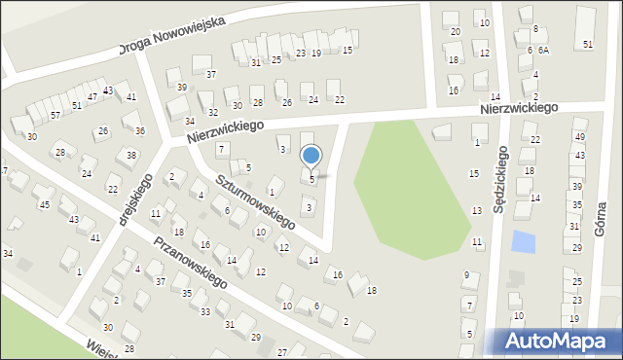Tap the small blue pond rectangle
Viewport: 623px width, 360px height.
[523, 240]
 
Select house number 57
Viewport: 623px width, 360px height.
[55, 115]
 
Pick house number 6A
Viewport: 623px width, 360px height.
[543, 50]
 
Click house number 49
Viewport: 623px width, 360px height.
[579, 137]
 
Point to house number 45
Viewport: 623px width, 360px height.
[44, 204]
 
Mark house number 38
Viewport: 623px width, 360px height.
[131, 156]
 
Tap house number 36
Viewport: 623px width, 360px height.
[140, 131]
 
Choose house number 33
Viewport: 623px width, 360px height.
[204, 311]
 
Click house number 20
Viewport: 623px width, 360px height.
[456, 32]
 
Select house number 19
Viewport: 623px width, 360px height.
[315, 53]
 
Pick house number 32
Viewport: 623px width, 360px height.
[212, 113]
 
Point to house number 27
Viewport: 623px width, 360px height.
[282, 351]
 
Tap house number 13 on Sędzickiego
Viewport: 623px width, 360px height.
[477, 211]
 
